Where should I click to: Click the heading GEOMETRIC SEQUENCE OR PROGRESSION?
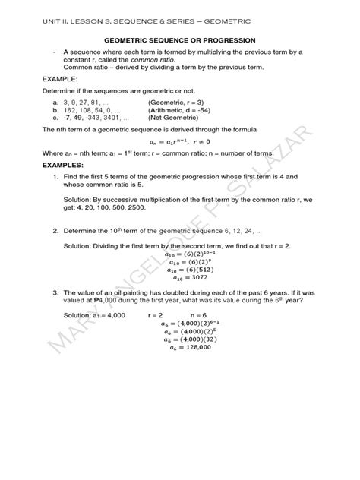click(180, 39)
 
